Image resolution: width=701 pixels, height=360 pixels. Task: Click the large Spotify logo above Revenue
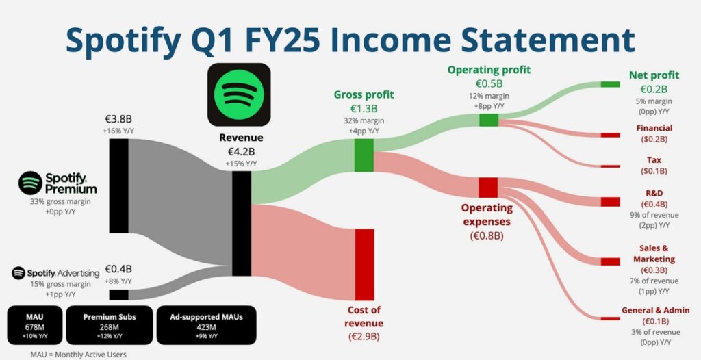tap(239, 94)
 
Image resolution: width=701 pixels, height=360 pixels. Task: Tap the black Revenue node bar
tap(242, 223)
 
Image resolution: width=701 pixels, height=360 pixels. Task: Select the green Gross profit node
tap(364, 155)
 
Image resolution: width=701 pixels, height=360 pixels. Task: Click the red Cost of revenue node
tap(364, 264)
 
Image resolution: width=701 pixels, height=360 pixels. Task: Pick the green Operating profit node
tap(489, 120)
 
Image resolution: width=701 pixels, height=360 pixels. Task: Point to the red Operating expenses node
tap(488, 188)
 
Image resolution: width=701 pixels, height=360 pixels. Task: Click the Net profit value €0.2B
tap(654, 88)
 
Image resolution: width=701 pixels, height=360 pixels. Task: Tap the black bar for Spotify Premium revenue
tap(118, 185)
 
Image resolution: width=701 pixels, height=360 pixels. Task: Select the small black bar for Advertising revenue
tap(118, 295)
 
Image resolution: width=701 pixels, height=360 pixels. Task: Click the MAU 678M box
tap(34, 325)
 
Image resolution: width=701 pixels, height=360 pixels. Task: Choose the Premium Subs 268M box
tap(110, 325)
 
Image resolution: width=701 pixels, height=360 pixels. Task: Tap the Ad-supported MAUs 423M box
tap(207, 325)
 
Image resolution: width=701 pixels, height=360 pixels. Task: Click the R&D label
tap(654, 193)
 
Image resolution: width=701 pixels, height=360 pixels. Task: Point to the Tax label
tap(654, 159)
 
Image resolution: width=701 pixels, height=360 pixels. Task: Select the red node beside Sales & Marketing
tap(610, 261)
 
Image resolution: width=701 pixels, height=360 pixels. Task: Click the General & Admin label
tap(655, 310)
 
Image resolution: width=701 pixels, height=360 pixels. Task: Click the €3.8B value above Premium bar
tap(118, 119)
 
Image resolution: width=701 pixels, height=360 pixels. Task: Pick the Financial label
tap(654, 128)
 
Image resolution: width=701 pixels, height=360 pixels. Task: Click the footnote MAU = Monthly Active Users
tap(78, 355)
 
